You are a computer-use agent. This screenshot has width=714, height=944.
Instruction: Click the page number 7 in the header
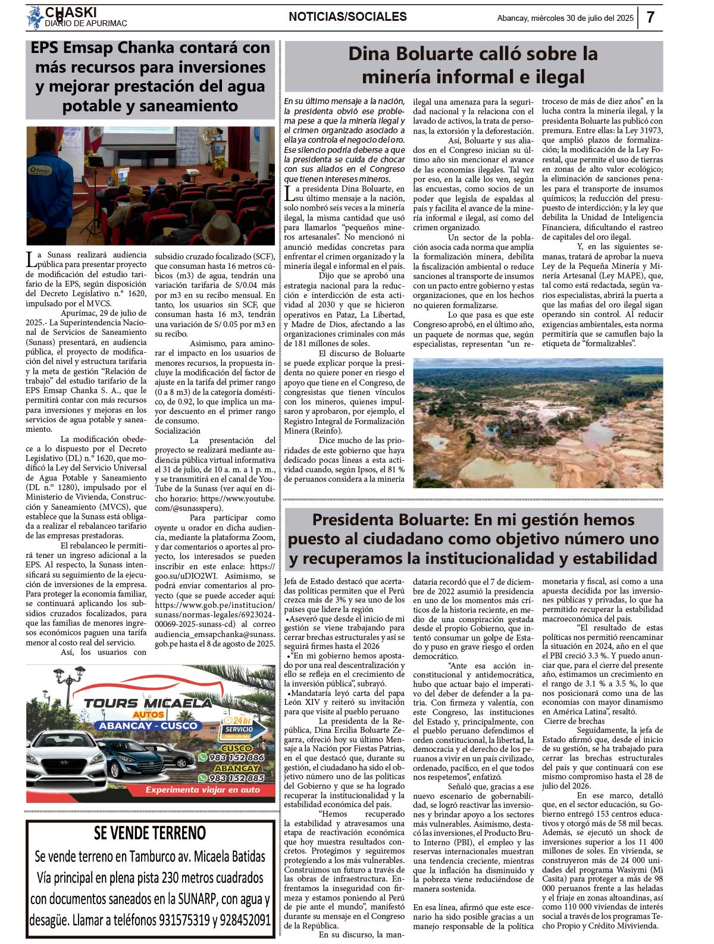click(650, 17)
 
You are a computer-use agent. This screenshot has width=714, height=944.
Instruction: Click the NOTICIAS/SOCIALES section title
click(347, 17)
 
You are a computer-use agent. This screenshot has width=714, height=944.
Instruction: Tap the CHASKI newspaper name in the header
click(71, 12)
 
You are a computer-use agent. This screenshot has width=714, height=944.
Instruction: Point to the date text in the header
click(565, 18)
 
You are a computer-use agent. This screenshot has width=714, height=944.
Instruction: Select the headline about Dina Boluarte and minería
click(473, 65)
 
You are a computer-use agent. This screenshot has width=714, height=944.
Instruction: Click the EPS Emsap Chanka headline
click(151, 77)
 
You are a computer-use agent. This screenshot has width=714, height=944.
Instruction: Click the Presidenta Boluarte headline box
click(473, 539)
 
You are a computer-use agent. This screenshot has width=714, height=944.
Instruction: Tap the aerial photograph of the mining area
click(538, 423)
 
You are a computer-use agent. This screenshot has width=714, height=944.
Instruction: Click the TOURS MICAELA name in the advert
click(147, 702)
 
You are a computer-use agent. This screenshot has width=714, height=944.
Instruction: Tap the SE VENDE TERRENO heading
click(150, 833)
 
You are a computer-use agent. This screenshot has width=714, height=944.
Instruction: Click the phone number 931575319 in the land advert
click(184, 920)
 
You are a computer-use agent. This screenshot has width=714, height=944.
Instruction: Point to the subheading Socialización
click(177, 431)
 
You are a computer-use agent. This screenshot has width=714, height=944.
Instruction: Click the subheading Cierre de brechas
click(574, 721)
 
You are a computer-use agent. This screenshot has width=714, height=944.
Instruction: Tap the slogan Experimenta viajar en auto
click(203, 790)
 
